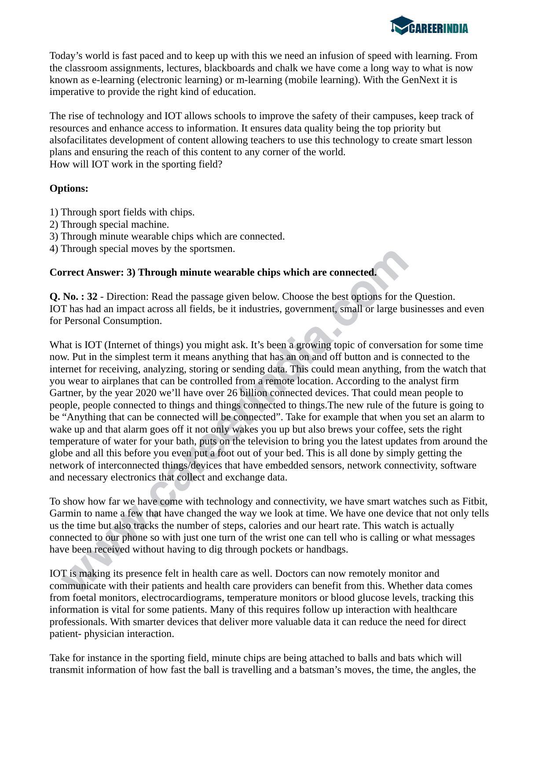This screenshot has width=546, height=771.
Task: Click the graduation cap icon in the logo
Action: pyautogui.click(x=401, y=25)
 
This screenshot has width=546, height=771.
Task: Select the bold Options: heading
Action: pyautogui.click(x=69, y=189)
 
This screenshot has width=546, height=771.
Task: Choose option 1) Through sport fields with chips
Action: pyautogui.click(x=122, y=212)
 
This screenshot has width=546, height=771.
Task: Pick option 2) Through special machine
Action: pyautogui.click(x=109, y=225)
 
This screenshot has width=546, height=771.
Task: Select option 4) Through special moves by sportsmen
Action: pyautogui.click(x=142, y=249)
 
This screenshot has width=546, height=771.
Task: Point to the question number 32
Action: pyautogui.click(x=92, y=297)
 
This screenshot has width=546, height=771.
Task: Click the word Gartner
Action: pyautogui.click(x=67, y=393)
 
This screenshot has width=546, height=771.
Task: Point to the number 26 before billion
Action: pyautogui.click(x=232, y=393)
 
